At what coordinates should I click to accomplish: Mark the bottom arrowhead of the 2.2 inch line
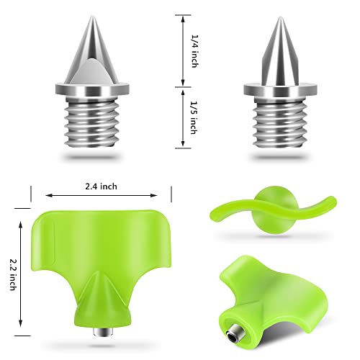tap(22, 325)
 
